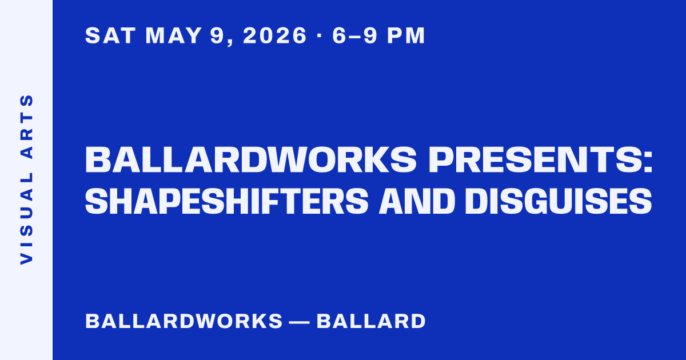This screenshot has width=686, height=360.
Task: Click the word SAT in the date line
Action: [110, 35]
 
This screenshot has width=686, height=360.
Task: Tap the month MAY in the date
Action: [174, 35]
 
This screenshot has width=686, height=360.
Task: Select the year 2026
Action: [275, 35]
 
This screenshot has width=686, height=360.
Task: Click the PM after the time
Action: [406, 35]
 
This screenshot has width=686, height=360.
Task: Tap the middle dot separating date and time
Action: [320, 35]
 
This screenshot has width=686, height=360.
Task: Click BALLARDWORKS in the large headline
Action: [251, 159]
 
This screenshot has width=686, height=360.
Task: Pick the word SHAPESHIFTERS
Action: [226, 201]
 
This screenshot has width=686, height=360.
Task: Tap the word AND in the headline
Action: [417, 201]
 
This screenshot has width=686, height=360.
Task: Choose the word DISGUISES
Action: [559, 201]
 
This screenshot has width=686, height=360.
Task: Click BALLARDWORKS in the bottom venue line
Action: [184, 321]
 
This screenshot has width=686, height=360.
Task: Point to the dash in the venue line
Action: [300, 322]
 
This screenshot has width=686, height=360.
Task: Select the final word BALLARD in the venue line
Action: [371, 321]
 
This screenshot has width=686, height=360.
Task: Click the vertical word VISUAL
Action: [27, 218]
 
